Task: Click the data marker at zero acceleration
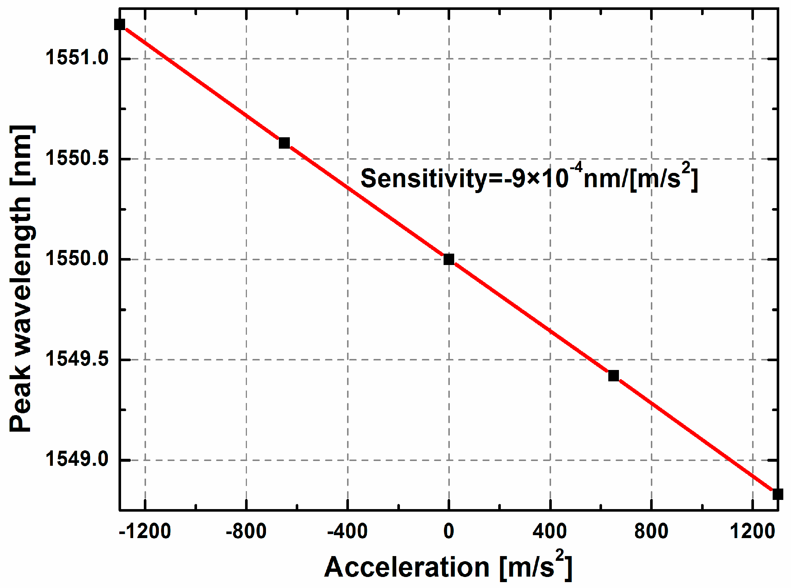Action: [x=449, y=259]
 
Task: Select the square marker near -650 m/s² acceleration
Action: [x=284, y=143]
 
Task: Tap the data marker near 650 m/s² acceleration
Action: [x=613, y=375]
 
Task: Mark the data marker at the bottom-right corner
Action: [x=777, y=494]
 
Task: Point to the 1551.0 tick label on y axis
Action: [x=77, y=58]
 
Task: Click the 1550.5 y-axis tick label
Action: [x=77, y=159]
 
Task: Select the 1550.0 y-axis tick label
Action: [x=77, y=259]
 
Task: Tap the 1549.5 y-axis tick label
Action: [x=77, y=359]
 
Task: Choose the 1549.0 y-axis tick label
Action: [x=77, y=459]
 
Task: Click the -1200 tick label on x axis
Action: [x=145, y=531]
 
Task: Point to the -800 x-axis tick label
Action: [x=246, y=531]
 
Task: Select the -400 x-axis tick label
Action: [x=347, y=531]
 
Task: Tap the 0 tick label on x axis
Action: [x=449, y=531]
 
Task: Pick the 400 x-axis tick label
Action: [x=550, y=531]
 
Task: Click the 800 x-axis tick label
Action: [x=651, y=531]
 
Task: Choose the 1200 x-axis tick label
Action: [x=752, y=531]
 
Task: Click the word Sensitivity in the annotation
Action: [x=423, y=179]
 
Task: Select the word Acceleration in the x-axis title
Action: [x=407, y=567]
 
